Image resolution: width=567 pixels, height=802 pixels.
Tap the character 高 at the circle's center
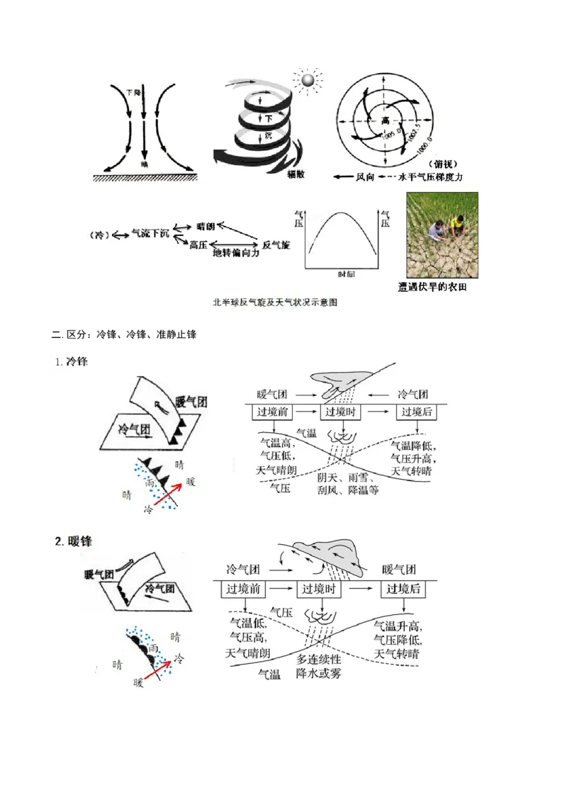(386, 121)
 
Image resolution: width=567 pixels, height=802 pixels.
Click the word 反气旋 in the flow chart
(276, 244)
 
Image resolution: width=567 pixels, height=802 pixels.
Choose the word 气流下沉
(150, 234)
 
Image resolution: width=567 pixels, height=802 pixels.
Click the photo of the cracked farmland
(442, 235)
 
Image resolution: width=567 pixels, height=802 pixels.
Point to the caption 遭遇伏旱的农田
(432, 287)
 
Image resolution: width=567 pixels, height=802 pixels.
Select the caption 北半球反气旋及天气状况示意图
(274, 302)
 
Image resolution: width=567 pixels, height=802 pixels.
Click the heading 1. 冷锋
(72, 361)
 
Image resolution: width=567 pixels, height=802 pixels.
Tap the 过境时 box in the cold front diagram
(342, 412)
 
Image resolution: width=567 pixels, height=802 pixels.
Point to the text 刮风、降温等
(347, 490)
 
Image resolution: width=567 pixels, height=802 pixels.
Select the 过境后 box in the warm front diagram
(404, 589)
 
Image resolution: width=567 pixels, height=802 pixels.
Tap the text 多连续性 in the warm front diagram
(319, 659)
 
